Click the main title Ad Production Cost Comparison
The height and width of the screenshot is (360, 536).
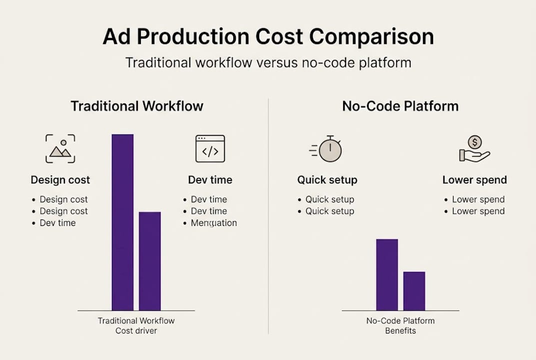pos(268,37)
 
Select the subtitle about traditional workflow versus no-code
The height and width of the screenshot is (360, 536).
pos(268,63)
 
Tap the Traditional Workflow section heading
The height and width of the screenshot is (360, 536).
pos(137,106)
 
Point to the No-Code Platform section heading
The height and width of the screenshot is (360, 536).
pos(400,106)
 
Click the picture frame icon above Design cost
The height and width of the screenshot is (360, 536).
pos(60,148)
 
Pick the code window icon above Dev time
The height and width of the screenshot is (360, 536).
pos(210,148)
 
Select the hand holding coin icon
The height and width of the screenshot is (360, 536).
pos(474,149)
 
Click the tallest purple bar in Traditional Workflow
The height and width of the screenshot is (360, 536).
pos(122,222)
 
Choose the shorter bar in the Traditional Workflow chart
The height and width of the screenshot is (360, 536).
pos(150,261)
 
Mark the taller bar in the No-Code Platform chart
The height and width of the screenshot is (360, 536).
pos(387,274)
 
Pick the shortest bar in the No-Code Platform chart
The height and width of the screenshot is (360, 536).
pos(414,291)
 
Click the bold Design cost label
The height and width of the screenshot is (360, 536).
pos(60,180)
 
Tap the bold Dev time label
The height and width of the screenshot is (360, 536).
pos(210,180)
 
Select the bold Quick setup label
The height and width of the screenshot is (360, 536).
pos(327,180)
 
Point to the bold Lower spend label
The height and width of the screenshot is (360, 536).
pos(474,180)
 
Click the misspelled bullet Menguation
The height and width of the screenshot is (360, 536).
pos(213,223)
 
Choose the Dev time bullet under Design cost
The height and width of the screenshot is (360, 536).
pos(57,223)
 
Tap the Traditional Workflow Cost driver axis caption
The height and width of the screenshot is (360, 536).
pos(136,325)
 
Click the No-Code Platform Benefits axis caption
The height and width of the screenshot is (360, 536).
pos(400,325)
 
